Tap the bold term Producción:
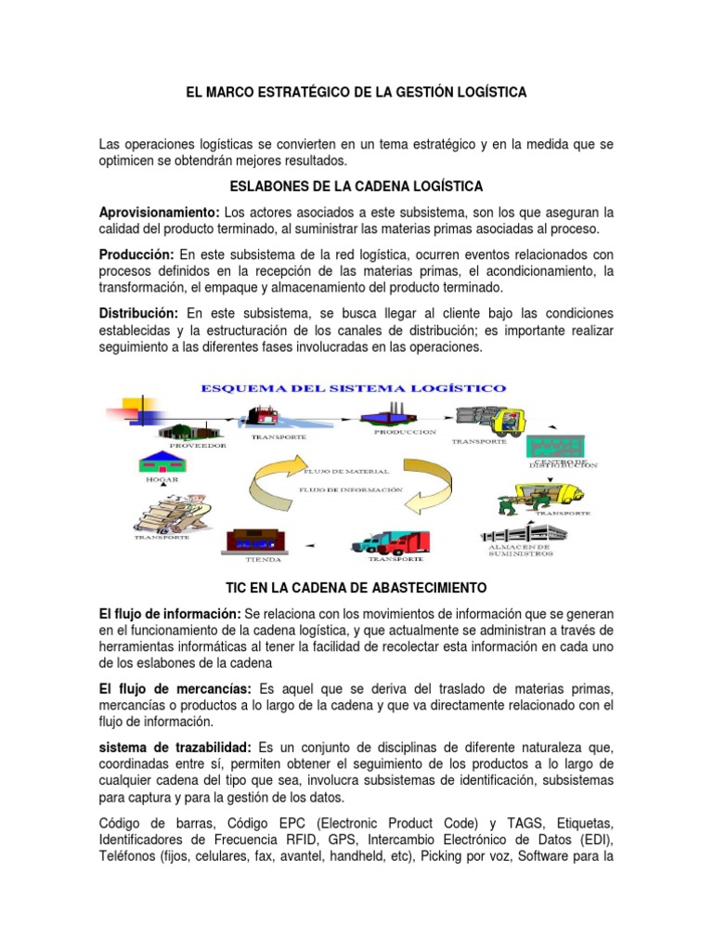137,254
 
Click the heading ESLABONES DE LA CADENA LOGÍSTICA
356,187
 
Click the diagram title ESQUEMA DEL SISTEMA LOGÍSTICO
354,387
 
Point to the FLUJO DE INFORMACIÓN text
351,489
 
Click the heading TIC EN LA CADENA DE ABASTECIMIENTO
356,589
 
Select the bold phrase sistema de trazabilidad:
176,747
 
